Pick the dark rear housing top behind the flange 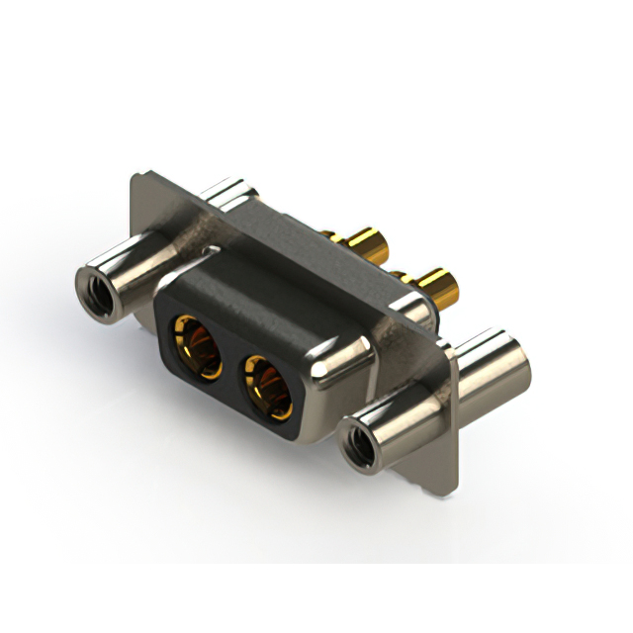(x=297, y=232)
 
